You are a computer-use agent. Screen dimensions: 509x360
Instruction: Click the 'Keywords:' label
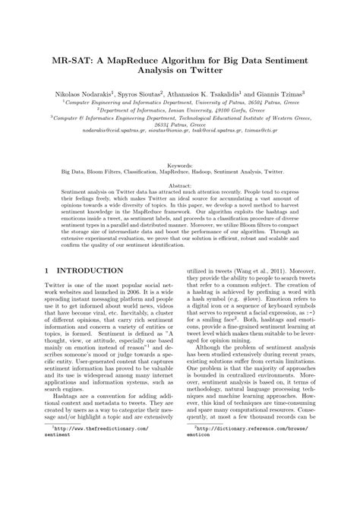pyautogui.click(x=180, y=165)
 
